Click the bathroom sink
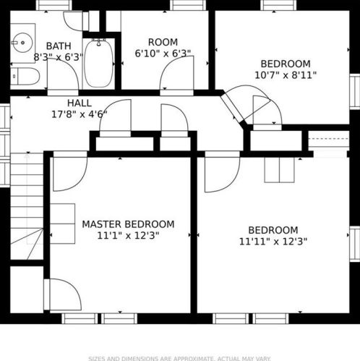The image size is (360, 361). [22, 43]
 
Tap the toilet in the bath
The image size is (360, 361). [25, 76]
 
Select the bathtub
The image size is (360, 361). [99, 64]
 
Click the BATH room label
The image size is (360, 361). [59, 46]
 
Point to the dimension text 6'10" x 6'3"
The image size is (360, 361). [163, 54]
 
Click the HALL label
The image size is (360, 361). [80, 103]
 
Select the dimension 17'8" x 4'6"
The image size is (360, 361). [80, 114]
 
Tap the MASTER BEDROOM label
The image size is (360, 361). [128, 224]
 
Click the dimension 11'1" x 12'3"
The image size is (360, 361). [128, 235]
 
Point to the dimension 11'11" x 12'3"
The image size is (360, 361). [273, 241]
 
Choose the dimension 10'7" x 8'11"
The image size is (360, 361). [286, 75]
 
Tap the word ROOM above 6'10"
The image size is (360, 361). [163, 42]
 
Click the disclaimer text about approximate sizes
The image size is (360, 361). [180, 359]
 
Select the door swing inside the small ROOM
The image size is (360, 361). [176, 73]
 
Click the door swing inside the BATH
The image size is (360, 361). [63, 74]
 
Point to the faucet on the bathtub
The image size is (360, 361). [99, 43]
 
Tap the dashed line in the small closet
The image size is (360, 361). [329, 139]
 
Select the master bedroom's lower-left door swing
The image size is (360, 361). [63, 294]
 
